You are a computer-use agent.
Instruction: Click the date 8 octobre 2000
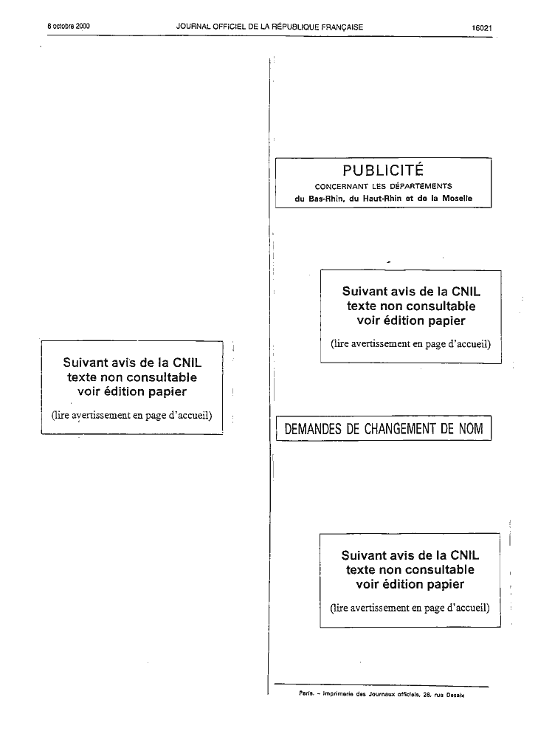click(x=69, y=26)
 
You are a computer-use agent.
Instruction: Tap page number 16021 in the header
click(x=482, y=27)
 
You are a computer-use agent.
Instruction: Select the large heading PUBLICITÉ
click(x=383, y=170)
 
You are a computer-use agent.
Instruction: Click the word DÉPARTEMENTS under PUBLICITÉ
click(x=421, y=186)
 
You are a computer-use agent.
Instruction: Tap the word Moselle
click(x=457, y=198)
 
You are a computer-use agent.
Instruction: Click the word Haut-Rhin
click(x=382, y=198)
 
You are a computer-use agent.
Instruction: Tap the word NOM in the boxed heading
click(x=471, y=428)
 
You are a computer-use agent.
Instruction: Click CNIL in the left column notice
click(x=187, y=363)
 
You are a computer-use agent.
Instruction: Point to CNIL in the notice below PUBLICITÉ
click(x=466, y=292)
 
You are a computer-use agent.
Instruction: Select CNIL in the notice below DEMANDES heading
click(x=465, y=555)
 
